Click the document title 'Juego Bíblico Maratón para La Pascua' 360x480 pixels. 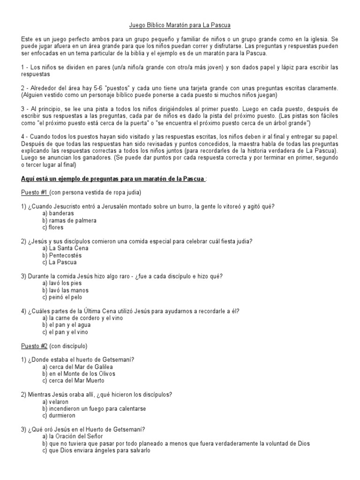(180, 24)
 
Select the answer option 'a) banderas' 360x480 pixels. (58, 213)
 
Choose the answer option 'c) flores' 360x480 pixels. (52, 227)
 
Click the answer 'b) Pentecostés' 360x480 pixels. (62, 255)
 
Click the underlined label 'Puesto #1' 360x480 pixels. (35, 193)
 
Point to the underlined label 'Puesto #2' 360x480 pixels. (35, 346)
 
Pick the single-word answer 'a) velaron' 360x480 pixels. (55, 402)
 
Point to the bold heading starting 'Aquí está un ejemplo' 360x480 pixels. (112, 179)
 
